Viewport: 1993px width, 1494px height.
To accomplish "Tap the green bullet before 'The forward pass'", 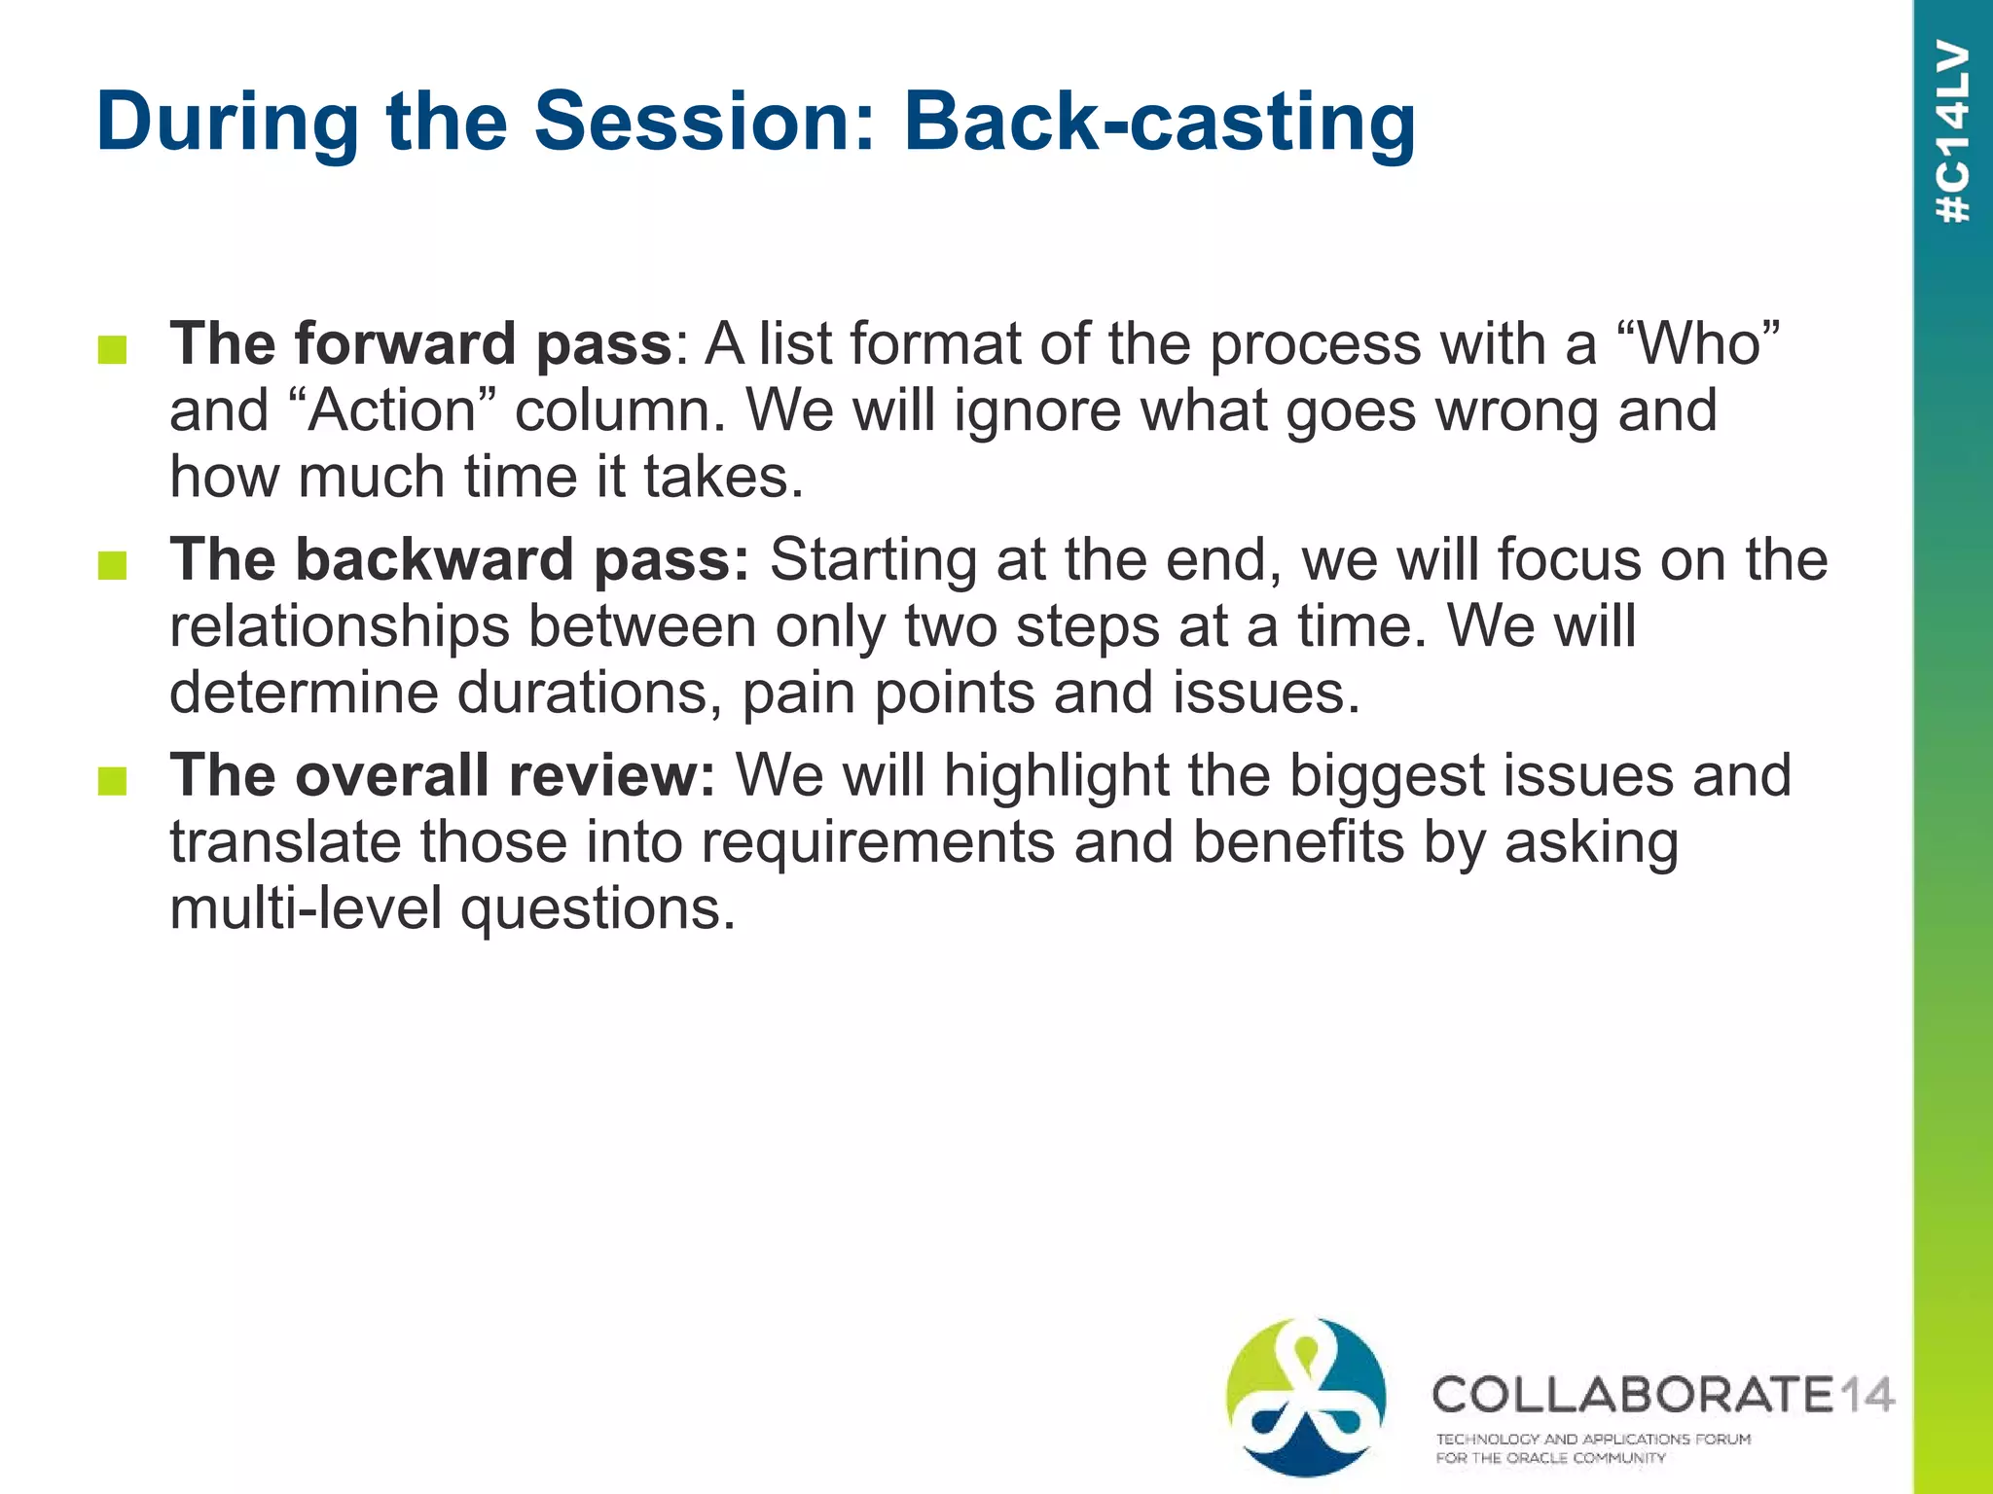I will click(x=113, y=350).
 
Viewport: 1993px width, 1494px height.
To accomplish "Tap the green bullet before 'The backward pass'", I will click(x=113, y=565).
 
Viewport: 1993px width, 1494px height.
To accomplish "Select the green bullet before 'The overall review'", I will click(x=113, y=780).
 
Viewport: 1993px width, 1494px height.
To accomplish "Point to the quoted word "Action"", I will click(x=393, y=410).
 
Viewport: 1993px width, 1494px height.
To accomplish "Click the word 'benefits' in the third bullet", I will click(x=1298, y=842).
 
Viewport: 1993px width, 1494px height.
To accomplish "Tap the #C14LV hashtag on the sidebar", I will click(x=1953, y=132).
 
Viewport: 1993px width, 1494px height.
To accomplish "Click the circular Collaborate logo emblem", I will click(x=1306, y=1397).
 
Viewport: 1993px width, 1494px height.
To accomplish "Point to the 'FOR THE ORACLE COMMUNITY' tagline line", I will click(x=1550, y=1458).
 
